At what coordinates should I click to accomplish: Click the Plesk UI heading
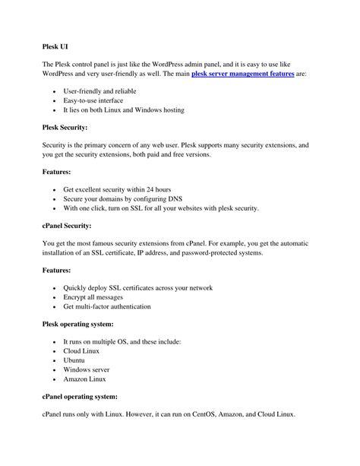55,46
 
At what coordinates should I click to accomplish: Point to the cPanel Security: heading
67,226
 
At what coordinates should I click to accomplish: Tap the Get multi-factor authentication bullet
107,307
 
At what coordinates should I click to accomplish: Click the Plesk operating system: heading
81,324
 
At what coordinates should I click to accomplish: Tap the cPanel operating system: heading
81,397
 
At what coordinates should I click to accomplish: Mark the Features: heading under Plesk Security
56,172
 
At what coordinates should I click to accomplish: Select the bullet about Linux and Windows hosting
123,110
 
